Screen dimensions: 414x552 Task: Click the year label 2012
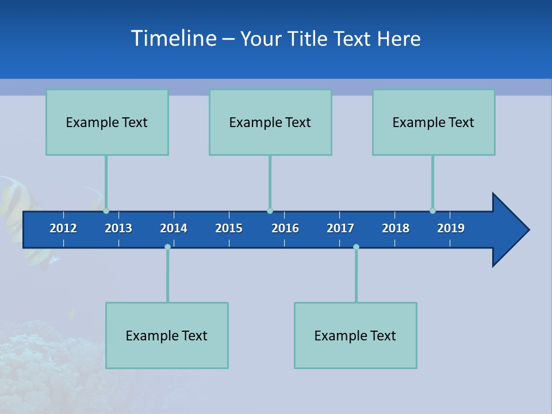click(x=63, y=228)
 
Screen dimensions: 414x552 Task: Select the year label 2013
click(x=118, y=228)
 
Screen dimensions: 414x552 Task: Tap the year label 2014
click(x=174, y=228)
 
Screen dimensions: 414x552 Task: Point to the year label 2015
click(x=229, y=228)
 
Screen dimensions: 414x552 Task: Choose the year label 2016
click(x=285, y=228)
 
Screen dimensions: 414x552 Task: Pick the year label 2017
click(x=340, y=228)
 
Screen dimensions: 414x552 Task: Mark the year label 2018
click(x=396, y=228)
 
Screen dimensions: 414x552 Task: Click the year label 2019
click(x=451, y=228)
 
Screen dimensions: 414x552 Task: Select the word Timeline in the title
click(x=174, y=39)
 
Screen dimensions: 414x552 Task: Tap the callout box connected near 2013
click(x=107, y=122)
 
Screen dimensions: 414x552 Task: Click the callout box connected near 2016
click(x=270, y=122)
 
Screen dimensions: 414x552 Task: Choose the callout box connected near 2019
click(x=434, y=122)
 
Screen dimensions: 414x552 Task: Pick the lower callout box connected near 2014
click(x=167, y=335)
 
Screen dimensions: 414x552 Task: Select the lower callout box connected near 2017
click(x=355, y=335)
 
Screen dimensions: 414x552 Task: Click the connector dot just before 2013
click(x=106, y=210)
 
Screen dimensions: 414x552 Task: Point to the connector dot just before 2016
click(x=270, y=210)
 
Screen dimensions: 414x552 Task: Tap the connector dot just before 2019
click(x=432, y=210)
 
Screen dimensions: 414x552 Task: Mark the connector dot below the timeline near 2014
click(x=167, y=247)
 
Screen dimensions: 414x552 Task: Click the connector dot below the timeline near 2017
click(x=356, y=247)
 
